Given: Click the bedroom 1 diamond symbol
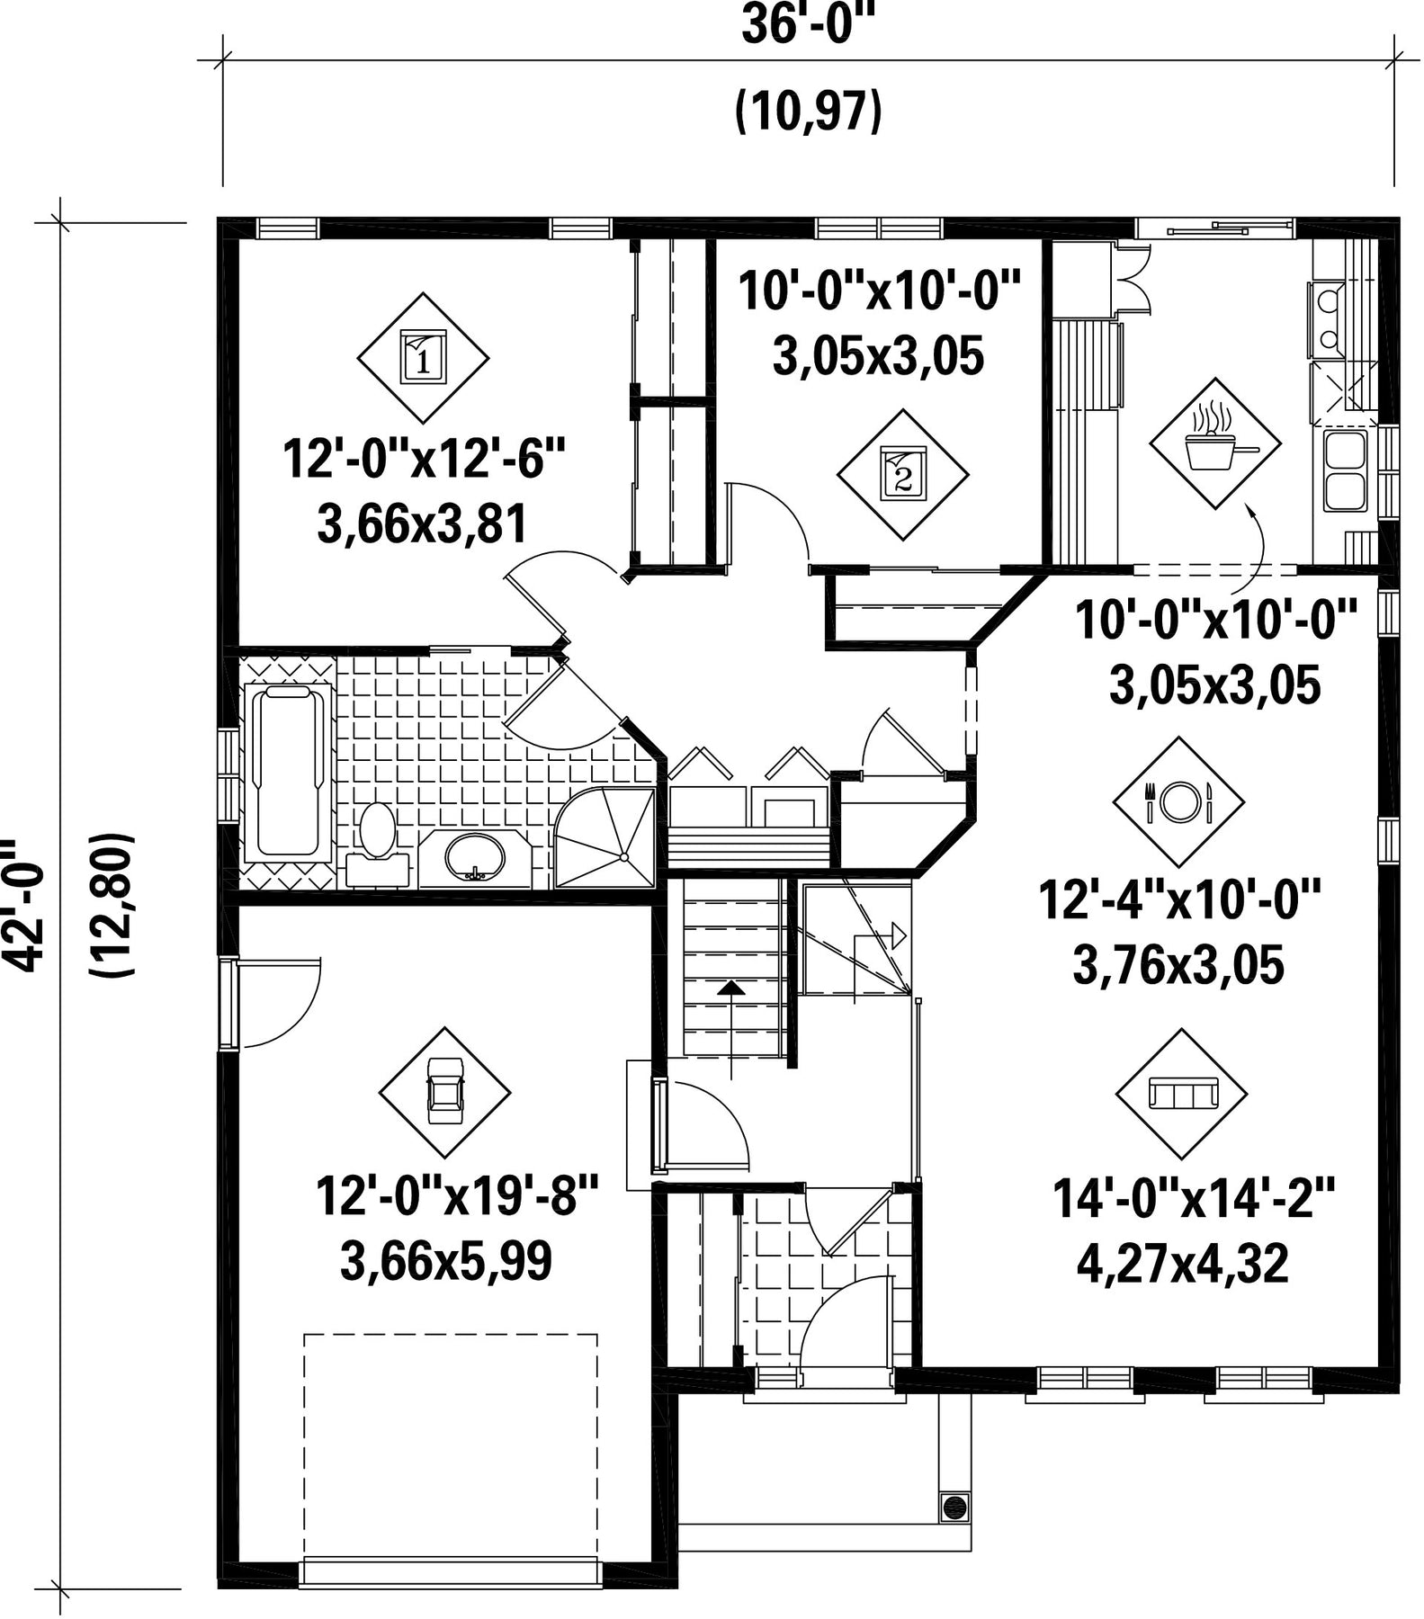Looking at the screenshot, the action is pos(423,358).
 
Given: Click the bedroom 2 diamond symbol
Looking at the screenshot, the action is pos(902,475).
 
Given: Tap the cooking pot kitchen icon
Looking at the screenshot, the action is pos(1214,443).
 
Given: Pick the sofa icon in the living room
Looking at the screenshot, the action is pos(1182,1094).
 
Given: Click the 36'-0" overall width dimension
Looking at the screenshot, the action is pos(808,25).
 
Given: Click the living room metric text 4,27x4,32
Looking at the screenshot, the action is pos(1182,1264).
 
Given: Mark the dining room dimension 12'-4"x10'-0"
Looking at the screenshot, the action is pos(1178,900).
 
